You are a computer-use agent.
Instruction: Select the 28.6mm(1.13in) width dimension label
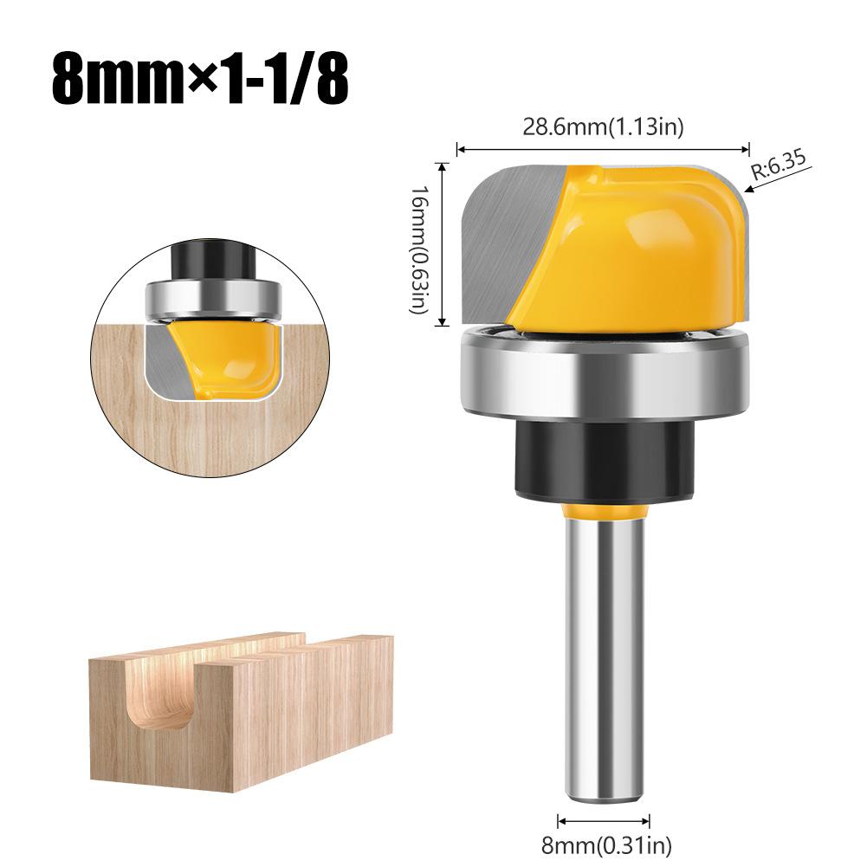pyautogui.click(x=603, y=128)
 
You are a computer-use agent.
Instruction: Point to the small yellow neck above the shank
pyautogui.click(x=604, y=512)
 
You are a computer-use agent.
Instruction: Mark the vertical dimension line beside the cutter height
pyautogui.click(x=443, y=244)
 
